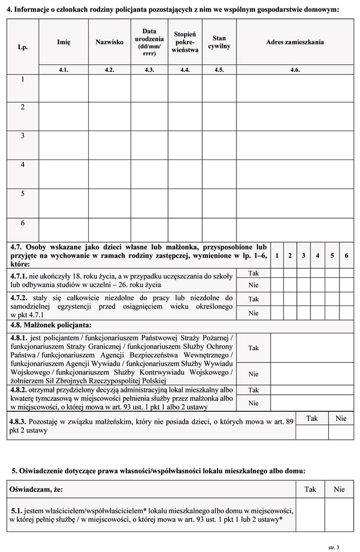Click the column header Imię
(x=63, y=42)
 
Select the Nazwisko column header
(x=109, y=42)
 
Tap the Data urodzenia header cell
(x=149, y=42)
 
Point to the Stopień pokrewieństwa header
(x=185, y=42)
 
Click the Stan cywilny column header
(x=219, y=42)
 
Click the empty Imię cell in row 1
(x=63, y=88)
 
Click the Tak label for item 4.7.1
(x=253, y=273)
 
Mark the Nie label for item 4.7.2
(x=253, y=313)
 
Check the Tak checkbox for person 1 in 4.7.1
(x=276, y=273)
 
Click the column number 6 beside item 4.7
(x=346, y=255)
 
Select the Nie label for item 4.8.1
(x=253, y=374)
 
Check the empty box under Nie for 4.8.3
(x=341, y=432)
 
